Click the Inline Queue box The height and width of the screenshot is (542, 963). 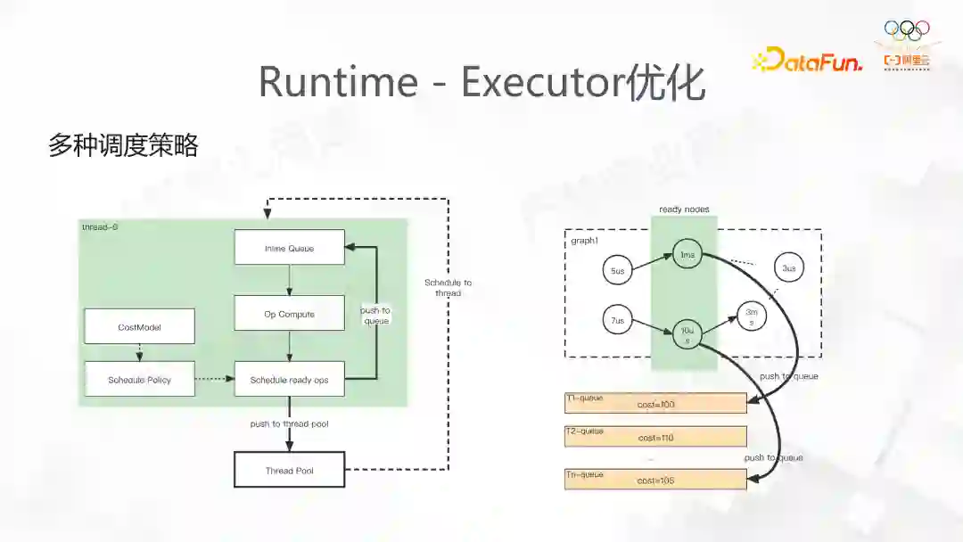(x=289, y=247)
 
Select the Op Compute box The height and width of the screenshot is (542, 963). (x=289, y=314)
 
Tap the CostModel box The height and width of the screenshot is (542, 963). (x=139, y=326)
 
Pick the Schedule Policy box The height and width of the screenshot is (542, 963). (x=139, y=380)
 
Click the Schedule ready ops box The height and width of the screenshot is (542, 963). (x=289, y=380)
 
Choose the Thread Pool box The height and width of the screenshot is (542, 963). (x=289, y=470)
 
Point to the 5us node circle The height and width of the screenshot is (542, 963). (x=617, y=269)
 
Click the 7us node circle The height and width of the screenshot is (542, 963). (x=617, y=320)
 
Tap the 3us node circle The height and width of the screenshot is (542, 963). (x=787, y=268)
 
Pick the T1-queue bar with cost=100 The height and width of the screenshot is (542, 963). (x=655, y=404)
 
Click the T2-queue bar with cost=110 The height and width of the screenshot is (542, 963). (x=655, y=437)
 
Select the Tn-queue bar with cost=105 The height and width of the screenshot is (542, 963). (x=655, y=479)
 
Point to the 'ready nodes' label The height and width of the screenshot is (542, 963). (x=684, y=209)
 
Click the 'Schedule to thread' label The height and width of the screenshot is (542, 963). (x=449, y=287)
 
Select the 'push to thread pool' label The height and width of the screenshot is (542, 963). (x=289, y=423)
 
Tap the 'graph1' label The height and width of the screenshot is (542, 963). (x=584, y=242)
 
